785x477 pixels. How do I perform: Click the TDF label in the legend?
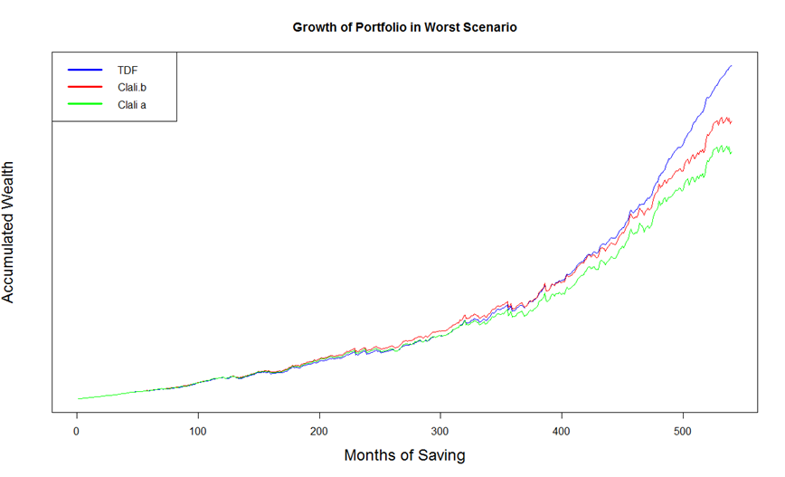[x=126, y=69]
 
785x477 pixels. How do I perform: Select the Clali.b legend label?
[x=132, y=87]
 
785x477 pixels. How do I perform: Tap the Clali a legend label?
[x=132, y=104]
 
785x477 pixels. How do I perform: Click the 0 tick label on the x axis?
[x=77, y=432]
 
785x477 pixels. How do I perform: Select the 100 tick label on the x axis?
[x=198, y=432]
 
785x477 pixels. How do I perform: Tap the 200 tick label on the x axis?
[x=319, y=432]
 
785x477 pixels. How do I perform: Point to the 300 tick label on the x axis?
[x=440, y=432]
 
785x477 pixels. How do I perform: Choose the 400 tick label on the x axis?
[x=562, y=432]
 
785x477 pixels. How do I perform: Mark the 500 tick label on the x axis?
[x=683, y=432]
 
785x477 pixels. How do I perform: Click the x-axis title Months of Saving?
[x=404, y=455]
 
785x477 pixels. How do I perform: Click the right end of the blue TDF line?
[x=731, y=66]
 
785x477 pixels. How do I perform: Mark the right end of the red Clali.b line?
[x=731, y=122]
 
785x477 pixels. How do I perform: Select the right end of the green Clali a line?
[x=731, y=153]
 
